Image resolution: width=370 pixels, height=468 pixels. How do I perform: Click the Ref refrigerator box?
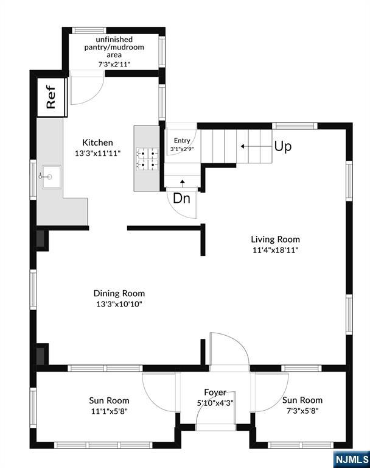pos(52,97)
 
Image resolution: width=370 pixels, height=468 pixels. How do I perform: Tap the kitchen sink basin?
pos(52,177)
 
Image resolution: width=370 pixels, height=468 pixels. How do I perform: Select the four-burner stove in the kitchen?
pos(147,160)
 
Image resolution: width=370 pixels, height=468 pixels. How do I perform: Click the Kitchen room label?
pos(97,143)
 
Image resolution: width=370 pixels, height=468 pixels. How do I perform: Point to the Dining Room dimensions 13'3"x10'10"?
pos(119,304)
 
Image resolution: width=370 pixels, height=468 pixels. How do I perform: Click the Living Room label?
pos(275,239)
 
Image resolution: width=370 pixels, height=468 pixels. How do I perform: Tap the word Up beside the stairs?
pos(282,146)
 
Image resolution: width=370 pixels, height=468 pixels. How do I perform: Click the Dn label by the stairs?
pos(181,198)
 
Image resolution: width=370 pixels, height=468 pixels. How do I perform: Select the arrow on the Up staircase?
pos(256,146)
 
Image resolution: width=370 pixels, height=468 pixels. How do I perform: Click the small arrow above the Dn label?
pos(182,183)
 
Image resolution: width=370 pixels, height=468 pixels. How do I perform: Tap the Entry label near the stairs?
pos(182,140)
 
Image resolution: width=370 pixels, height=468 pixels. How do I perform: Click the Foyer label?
pos(215,392)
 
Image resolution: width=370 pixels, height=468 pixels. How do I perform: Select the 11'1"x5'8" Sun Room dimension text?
pos(109,411)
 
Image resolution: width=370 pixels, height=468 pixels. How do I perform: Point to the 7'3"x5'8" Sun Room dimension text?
pos(302,411)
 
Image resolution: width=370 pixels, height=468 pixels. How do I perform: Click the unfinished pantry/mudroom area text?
pos(114,47)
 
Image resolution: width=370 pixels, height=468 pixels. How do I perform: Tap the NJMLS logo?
pos(352,458)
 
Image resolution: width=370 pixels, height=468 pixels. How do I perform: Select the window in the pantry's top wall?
pos(89,30)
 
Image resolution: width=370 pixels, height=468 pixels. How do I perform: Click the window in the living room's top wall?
pos(295,126)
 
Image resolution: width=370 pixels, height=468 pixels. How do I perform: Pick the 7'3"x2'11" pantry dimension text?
pos(114,64)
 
